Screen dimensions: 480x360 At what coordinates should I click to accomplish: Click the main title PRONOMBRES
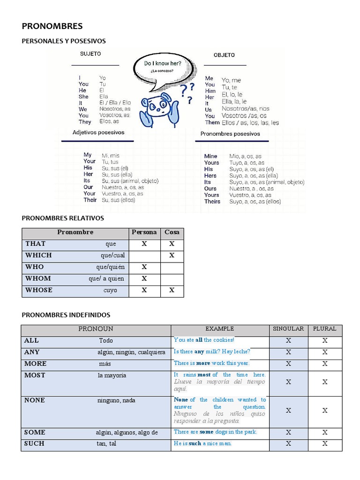point(52,26)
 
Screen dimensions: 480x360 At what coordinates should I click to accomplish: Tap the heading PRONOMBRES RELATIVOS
point(63,218)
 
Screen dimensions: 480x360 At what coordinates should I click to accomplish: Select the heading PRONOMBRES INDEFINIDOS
point(66,315)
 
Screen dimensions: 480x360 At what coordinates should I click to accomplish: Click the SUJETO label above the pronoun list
point(90,54)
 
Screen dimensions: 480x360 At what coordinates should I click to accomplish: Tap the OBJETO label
point(224,55)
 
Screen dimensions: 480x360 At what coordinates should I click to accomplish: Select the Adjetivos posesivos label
point(98,133)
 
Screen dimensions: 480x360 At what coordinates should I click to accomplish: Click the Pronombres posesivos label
point(230,134)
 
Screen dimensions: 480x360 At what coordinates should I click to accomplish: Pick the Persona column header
point(144,232)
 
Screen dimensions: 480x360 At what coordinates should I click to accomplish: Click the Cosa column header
point(172,232)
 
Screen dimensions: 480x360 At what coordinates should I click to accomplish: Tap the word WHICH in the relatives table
point(38,255)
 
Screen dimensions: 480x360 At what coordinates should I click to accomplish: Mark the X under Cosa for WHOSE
point(172,290)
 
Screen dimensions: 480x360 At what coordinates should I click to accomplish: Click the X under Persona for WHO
point(144,267)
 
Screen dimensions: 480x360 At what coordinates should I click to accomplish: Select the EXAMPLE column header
point(219,329)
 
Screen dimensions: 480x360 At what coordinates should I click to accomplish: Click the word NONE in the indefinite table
point(35,400)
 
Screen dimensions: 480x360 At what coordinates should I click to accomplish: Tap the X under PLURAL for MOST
point(325,382)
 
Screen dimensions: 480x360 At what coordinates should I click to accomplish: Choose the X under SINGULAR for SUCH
point(289,443)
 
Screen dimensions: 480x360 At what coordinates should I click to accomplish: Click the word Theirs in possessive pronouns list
point(212,202)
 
